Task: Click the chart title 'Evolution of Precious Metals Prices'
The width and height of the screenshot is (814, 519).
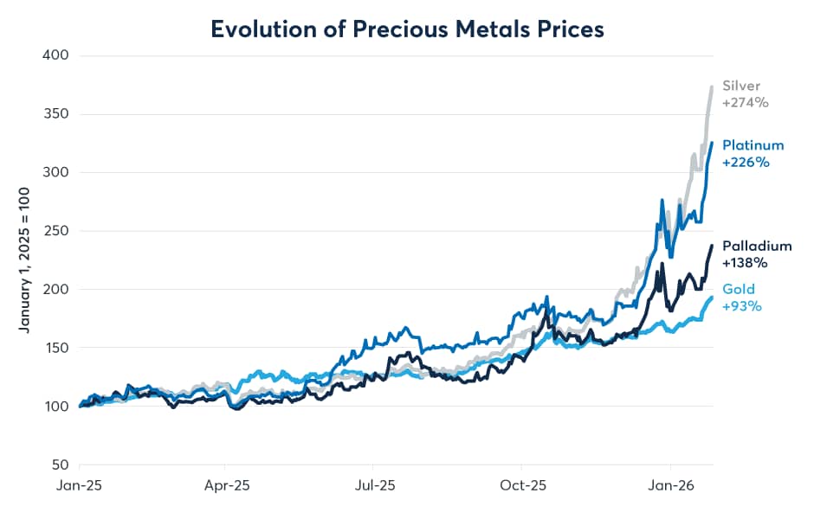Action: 407,28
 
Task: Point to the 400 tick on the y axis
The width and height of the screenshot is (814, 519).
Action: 56,56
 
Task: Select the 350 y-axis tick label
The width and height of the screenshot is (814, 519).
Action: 56,114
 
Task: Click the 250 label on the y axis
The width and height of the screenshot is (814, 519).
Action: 56,231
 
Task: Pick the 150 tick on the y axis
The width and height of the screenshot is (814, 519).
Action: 56,348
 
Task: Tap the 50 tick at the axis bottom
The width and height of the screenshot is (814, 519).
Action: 60,465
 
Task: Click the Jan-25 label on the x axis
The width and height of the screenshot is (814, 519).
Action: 81,486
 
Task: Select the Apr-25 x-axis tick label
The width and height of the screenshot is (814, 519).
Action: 229,486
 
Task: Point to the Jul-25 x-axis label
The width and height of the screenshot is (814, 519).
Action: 377,486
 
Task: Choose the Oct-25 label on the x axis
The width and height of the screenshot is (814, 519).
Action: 524,486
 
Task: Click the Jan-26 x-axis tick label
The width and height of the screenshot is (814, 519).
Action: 672,486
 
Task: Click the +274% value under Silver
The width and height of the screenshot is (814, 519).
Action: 746,102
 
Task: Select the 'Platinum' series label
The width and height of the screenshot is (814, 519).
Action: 753,144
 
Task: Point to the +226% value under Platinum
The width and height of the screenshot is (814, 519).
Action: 746,162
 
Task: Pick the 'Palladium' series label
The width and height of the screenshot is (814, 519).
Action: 757,246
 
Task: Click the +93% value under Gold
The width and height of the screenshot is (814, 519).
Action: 742,305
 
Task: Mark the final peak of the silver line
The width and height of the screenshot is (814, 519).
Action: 712,86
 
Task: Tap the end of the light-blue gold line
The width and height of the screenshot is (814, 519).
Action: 712,298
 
